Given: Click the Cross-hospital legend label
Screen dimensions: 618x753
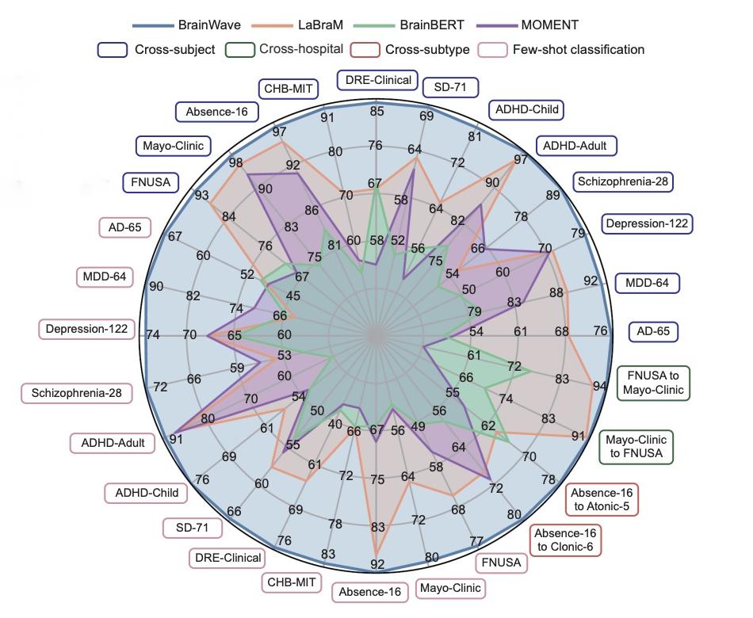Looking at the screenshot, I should tap(301, 49).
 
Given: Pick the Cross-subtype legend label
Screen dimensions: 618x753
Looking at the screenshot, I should tap(427, 49).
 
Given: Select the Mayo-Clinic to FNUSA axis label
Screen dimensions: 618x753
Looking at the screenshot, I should tap(636, 447).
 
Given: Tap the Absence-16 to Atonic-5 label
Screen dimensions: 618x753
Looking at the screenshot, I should tap(604, 498).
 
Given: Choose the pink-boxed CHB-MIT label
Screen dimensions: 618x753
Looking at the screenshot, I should tap(292, 582).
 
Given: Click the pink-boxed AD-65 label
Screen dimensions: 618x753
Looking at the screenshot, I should tap(124, 227).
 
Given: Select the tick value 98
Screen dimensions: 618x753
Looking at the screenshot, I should tap(235, 162).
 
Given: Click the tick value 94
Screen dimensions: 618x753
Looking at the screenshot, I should tap(599, 387).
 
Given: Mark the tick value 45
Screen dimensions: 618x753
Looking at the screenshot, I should tap(292, 296).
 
